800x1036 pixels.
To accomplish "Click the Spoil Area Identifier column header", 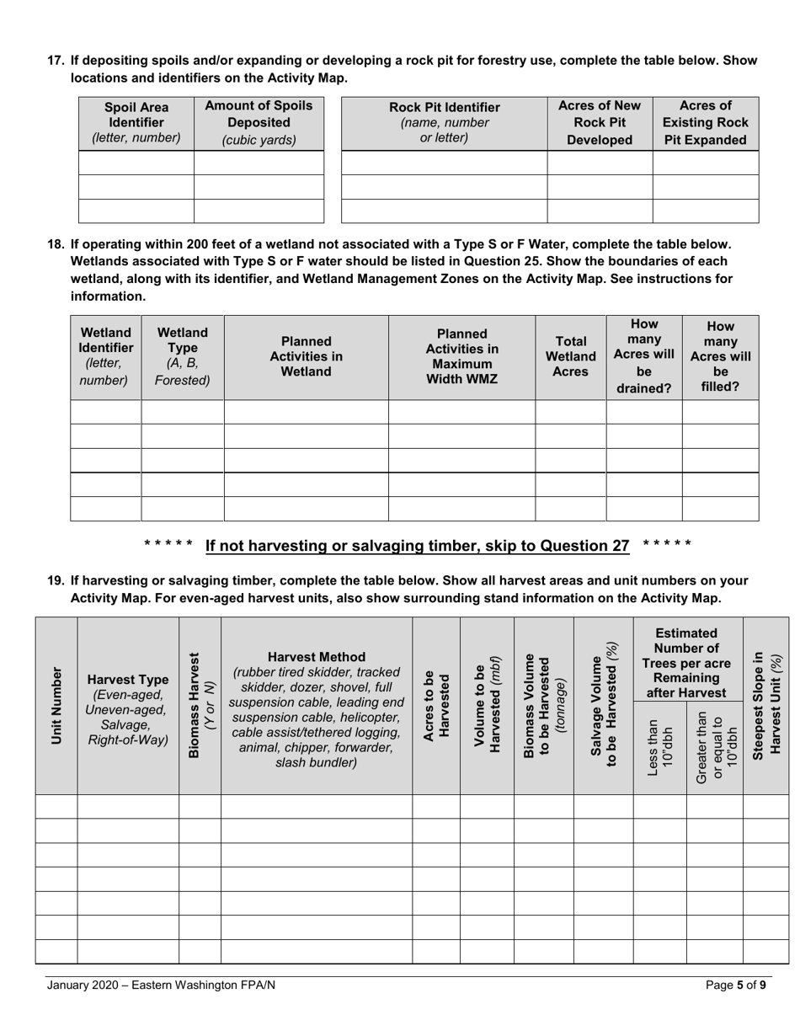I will tap(136, 122).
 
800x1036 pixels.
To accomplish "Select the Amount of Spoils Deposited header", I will tap(259, 122).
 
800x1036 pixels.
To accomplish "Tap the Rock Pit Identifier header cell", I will tap(444, 122).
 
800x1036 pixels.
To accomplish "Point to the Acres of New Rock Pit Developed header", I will tap(600, 122).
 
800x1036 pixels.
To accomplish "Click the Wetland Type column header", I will tap(183, 356).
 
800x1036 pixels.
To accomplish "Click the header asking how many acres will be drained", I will tap(643, 356).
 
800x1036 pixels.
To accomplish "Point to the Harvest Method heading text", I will tap(316, 657).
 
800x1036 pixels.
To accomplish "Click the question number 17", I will tap(56, 61).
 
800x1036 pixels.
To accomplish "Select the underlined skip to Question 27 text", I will tap(417, 546).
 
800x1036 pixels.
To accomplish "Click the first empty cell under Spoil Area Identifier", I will tap(136, 163).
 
